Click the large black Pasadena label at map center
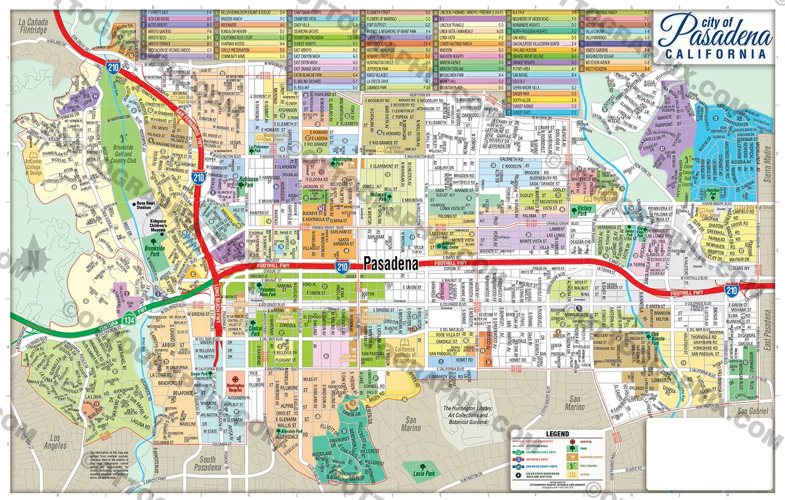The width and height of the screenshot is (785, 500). pyautogui.click(x=391, y=263)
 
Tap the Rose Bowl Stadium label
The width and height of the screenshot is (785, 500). pyautogui.click(x=144, y=206)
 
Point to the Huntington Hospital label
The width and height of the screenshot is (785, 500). pyautogui.click(x=235, y=387)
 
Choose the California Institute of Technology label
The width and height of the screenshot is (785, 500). pyautogui.click(x=404, y=355)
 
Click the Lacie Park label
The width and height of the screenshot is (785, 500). pyautogui.click(x=424, y=473)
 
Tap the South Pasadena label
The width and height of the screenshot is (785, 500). pyautogui.click(x=207, y=463)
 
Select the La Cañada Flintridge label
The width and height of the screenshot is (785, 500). pyautogui.click(x=33, y=26)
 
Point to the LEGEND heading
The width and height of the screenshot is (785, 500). pyautogui.click(x=557, y=433)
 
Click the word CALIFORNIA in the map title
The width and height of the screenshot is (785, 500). pyautogui.click(x=715, y=54)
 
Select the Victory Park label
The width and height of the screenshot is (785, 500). pyautogui.click(x=584, y=211)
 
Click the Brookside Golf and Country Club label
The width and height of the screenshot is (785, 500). pyautogui.click(x=123, y=154)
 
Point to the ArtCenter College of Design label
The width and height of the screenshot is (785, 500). pyautogui.click(x=34, y=167)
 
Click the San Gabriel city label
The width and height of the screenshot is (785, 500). pyautogui.click(x=752, y=411)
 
